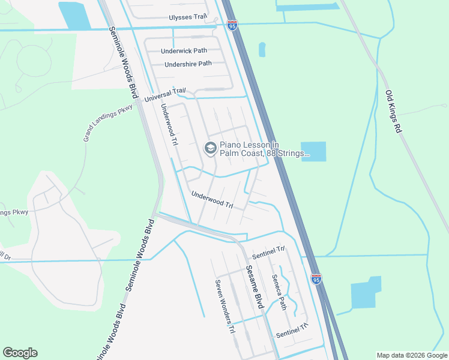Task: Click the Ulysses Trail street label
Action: [x=188, y=17]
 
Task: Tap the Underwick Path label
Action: [x=184, y=52]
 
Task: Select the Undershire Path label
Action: [x=188, y=64]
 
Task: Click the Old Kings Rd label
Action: [x=392, y=112]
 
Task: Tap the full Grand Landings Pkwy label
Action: [x=107, y=122]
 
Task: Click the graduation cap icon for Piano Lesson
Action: [x=210, y=148]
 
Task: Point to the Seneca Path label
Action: [x=279, y=292]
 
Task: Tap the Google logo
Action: [x=20, y=353]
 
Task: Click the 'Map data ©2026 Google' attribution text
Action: [x=411, y=355]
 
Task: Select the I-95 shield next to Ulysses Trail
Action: [x=232, y=25]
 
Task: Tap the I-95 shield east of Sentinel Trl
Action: [x=316, y=278]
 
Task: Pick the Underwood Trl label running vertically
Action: [x=169, y=124]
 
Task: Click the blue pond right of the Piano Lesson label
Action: [x=313, y=151]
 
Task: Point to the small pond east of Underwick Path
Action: [x=262, y=50]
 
